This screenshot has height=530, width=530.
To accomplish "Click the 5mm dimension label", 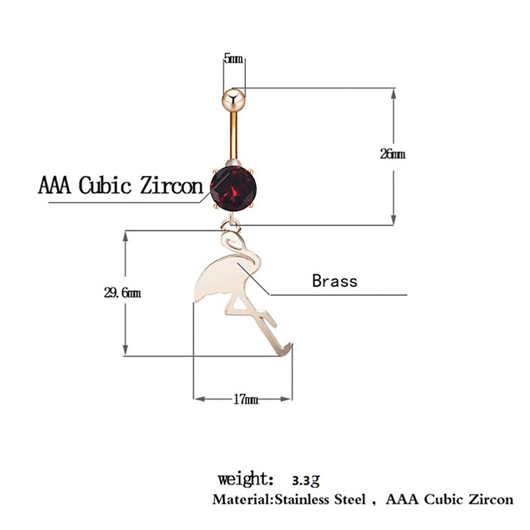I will pyautogui.click(x=234, y=59).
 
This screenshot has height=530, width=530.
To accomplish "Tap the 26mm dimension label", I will pyautogui.click(x=393, y=154).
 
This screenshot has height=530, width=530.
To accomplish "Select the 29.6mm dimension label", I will pyautogui.click(x=122, y=293).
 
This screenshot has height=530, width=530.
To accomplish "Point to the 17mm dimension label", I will pyautogui.click(x=245, y=399).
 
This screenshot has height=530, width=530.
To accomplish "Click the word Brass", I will pyautogui.click(x=335, y=281).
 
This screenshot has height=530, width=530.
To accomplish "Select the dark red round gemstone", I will pyautogui.click(x=233, y=188).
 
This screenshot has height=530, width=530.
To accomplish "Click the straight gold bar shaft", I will pyautogui.click(x=234, y=136).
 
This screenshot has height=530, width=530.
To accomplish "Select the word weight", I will pyautogui.click(x=243, y=479).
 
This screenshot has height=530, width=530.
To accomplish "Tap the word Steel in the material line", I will pyautogui.click(x=350, y=499).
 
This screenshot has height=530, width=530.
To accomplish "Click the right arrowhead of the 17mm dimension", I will pyautogui.click(x=287, y=399).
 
